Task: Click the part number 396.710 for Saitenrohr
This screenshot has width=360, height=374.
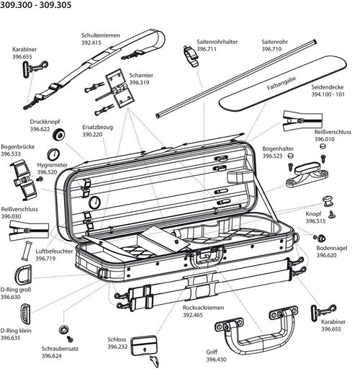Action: tap(272, 50)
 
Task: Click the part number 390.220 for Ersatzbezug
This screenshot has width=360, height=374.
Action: tap(93, 135)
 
